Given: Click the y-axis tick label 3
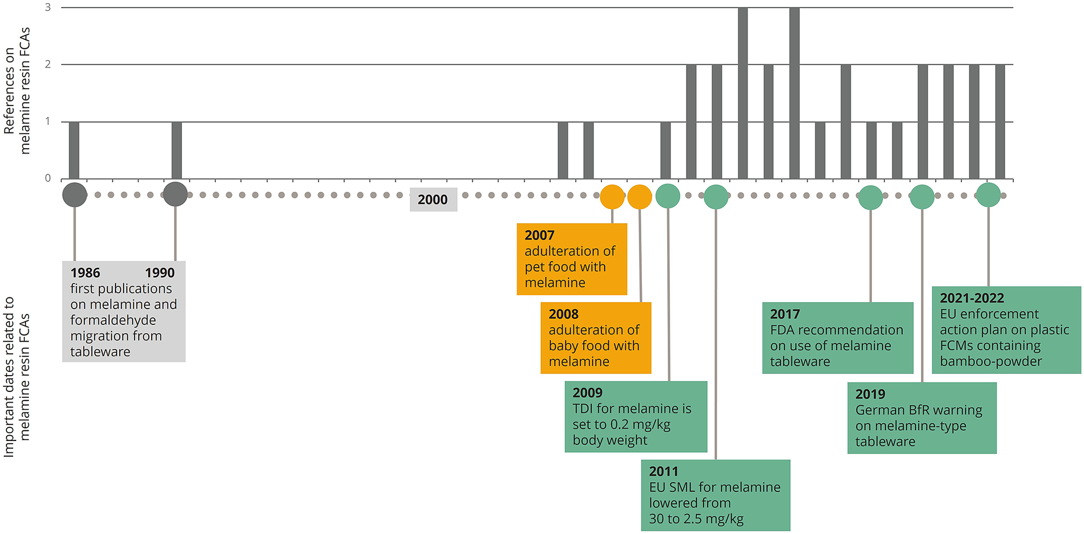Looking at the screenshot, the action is pyautogui.click(x=48, y=8).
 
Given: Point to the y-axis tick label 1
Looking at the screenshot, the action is pyautogui.click(x=48, y=121).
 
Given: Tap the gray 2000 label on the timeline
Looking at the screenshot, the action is pyautogui.click(x=433, y=199).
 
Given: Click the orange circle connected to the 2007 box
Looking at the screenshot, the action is pyautogui.click(x=612, y=197).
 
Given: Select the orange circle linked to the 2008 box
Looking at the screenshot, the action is pyautogui.click(x=640, y=197).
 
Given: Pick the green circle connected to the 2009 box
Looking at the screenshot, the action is pyautogui.click(x=668, y=196).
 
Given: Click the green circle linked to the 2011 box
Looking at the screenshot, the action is pyautogui.click(x=716, y=197).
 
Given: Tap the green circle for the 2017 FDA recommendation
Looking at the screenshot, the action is pyautogui.click(x=870, y=198).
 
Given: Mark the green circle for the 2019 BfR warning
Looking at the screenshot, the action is pyautogui.click(x=922, y=197).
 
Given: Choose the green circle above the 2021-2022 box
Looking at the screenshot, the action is pyautogui.click(x=988, y=195).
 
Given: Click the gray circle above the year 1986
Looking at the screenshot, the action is pyautogui.click(x=74, y=195).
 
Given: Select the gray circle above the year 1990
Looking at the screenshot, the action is pyautogui.click(x=175, y=194).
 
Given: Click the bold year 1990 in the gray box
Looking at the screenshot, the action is pyautogui.click(x=160, y=273).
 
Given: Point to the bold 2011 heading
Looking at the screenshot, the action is pyautogui.click(x=663, y=471).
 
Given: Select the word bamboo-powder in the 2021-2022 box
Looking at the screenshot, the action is pyautogui.click(x=991, y=361).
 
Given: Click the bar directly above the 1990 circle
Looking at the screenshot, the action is pyautogui.click(x=177, y=150).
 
